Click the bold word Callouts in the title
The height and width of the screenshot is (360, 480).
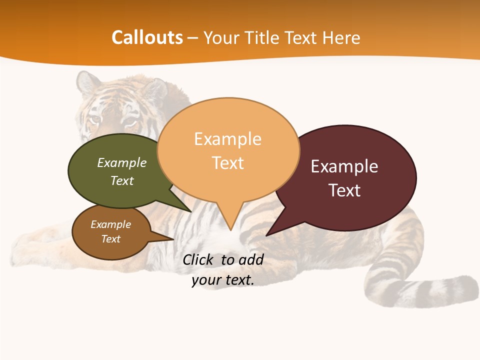click(x=147, y=37)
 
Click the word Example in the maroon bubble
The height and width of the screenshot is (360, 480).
click(x=344, y=166)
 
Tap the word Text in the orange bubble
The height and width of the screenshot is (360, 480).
click(x=228, y=163)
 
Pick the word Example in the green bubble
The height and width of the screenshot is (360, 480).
click(x=122, y=163)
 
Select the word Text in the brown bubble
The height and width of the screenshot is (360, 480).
click(x=111, y=239)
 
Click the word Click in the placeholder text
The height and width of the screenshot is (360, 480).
click(x=198, y=259)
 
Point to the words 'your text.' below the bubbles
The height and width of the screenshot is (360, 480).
click(x=223, y=280)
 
